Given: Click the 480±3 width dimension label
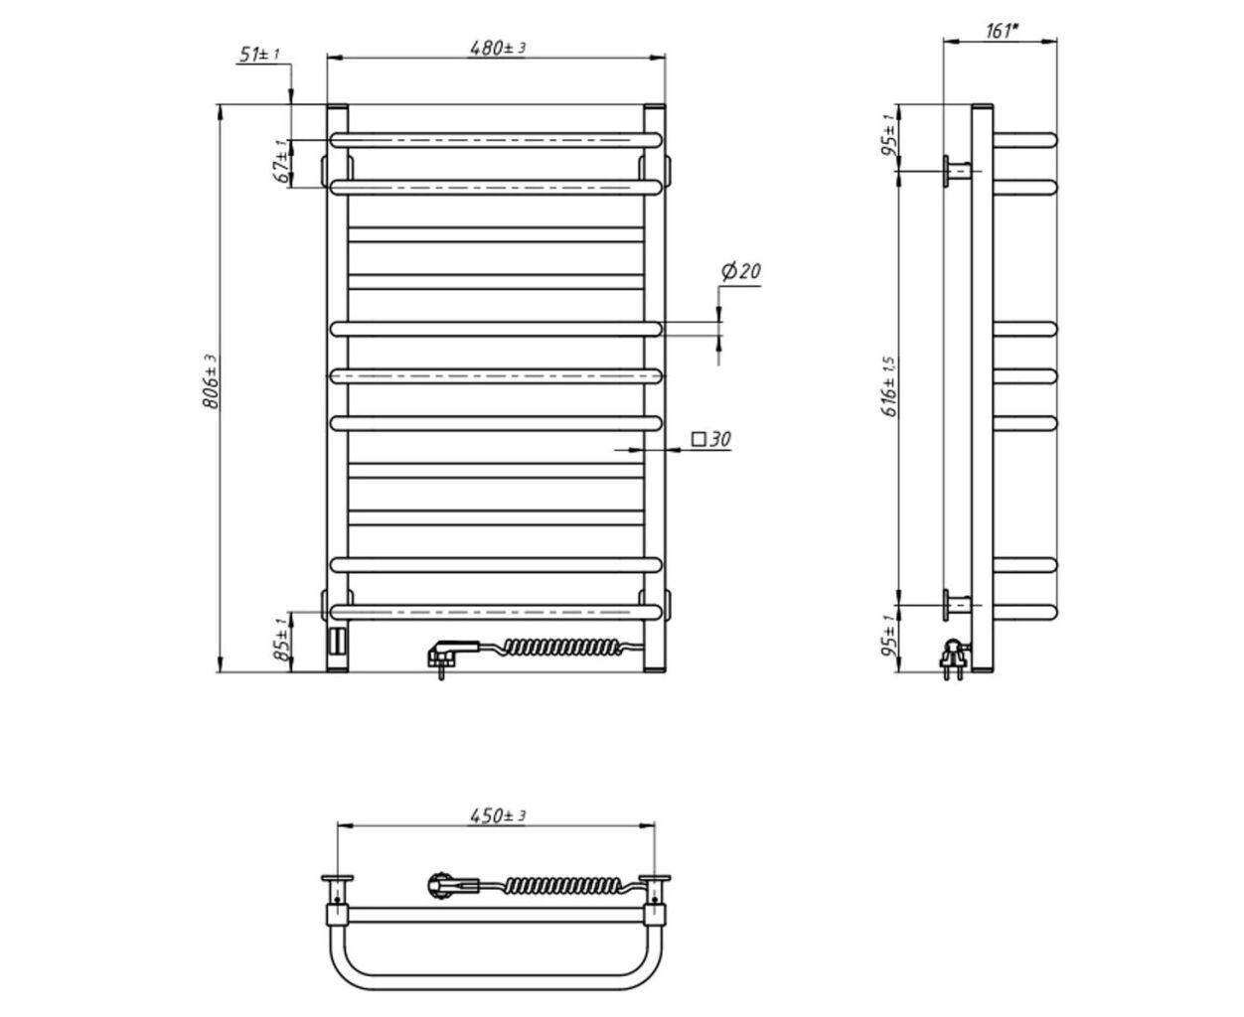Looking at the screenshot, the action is tap(497, 48).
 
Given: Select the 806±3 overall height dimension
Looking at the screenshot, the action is tap(212, 381).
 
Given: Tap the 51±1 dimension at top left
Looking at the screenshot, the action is tap(258, 55).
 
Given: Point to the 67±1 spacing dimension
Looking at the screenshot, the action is tap(283, 161).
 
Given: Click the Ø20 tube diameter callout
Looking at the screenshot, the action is tap(741, 271).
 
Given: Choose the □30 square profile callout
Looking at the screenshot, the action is tap(711, 439).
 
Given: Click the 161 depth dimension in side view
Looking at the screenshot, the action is tap(1003, 31).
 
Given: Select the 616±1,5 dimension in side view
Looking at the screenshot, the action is tap(889, 386).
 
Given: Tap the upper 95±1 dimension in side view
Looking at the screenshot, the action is tap(889, 136).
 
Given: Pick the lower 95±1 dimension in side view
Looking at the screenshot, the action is tap(889, 636).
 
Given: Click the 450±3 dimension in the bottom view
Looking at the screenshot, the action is tap(497, 816).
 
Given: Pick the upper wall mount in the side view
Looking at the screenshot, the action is tap(958, 172).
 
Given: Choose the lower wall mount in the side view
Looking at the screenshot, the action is tap(958, 605).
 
